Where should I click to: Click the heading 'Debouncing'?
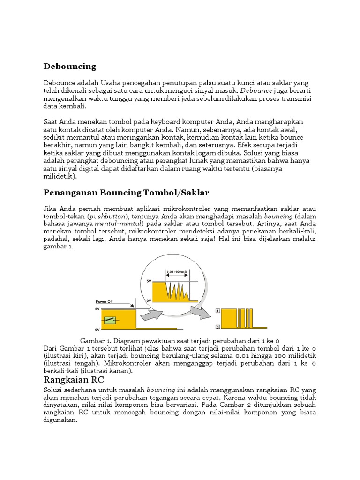point(69,66)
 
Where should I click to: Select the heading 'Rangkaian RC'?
point(75,379)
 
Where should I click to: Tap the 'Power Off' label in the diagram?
point(104,302)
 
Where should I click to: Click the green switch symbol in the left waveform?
point(110,320)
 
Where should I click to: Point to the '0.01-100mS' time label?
point(177,271)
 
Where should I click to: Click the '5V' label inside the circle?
point(149,281)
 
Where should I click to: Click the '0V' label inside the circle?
point(149,300)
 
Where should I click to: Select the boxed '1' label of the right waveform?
point(217,311)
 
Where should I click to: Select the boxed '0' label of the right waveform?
point(217,327)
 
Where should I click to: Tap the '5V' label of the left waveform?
point(97,309)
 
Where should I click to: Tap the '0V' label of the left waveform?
point(97,330)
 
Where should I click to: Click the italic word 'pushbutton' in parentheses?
point(111,217)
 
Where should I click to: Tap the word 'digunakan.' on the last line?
point(60,420)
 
